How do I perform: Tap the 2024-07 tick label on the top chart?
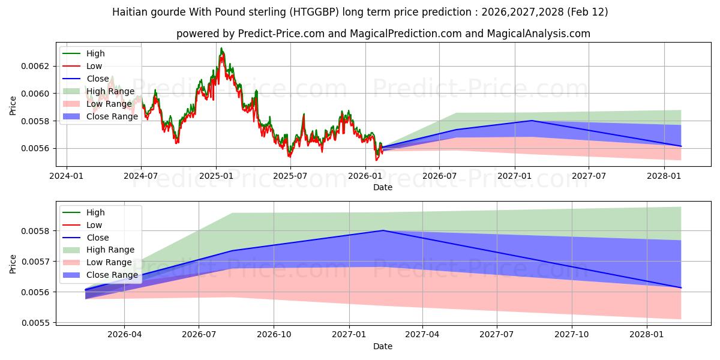coord(141,176)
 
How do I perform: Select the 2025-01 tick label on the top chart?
coord(216,176)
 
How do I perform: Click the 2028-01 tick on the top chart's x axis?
coord(664,176)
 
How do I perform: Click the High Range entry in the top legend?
coord(110,91)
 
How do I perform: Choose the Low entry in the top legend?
coord(94,66)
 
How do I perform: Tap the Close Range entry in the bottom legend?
coord(112,275)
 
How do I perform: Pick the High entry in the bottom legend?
coord(95,212)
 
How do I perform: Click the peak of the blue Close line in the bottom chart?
coord(383,230)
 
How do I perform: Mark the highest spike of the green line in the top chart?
coord(221,48)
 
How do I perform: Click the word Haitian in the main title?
coord(130,12)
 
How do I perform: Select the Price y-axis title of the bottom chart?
coord(13,264)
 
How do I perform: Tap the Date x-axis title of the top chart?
coord(383,187)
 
